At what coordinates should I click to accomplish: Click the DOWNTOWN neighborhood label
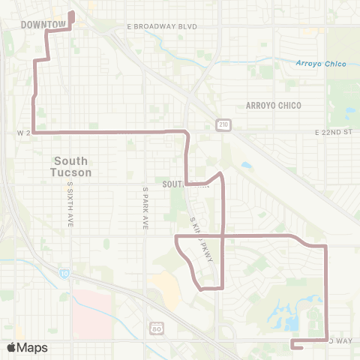coord(43,25)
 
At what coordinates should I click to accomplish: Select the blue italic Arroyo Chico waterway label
coord(321,64)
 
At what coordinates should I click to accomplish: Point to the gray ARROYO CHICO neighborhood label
coord(273,106)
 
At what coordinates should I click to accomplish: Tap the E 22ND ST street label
coord(334,131)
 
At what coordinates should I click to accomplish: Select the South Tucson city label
coord(72,166)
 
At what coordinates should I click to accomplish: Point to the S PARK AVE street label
coord(145,208)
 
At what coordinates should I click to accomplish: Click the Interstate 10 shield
coord(64,274)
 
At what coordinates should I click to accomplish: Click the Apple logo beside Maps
coord(12,347)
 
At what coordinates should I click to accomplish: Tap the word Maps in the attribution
coord(33,347)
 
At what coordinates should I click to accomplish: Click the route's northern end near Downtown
coord(72,13)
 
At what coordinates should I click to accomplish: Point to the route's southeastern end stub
coord(292,346)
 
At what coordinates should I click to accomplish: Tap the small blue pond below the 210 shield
coord(247,165)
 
